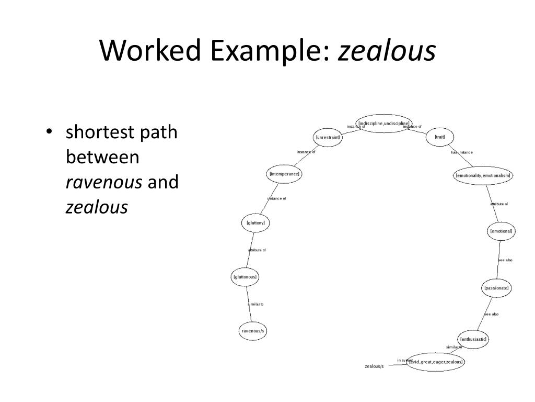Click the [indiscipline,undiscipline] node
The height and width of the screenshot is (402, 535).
pyautogui.click(x=383, y=124)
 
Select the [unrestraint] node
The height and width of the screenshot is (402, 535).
pyautogui.click(x=328, y=138)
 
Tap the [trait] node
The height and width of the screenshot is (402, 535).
pyautogui.click(x=439, y=137)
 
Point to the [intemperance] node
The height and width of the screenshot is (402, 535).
pyautogui.click(x=284, y=174)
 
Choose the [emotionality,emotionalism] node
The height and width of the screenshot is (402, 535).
pyautogui.click(x=483, y=175)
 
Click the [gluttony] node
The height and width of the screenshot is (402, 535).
pyautogui.click(x=256, y=223)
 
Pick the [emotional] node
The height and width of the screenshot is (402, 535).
pyautogui.click(x=502, y=231)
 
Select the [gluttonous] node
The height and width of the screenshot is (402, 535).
pyautogui.click(x=245, y=276)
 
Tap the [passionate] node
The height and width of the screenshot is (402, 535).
pyautogui.click(x=496, y=288)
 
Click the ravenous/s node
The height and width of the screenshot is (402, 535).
pyautogui.click(x=252, y=331)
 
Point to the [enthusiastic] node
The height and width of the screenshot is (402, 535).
pyautogui.click(x=473, y=339)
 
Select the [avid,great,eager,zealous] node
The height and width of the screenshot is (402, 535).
pyautogui.click(x=436, y=362)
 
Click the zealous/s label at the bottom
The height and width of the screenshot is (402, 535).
pyautogui.click(x=374, y=366)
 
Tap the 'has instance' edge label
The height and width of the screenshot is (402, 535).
pyautogui.click(x=462, y=152)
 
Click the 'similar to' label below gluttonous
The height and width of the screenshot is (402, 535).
pyautogui.click(x=255, y=304)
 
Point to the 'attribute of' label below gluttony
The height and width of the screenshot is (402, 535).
pyautogui.click(x=257, y=250)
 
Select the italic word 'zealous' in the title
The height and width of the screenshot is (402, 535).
pyautogui.click(x=387, y=51)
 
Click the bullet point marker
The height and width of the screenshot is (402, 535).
pyautogui.click(x=49, y=132)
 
